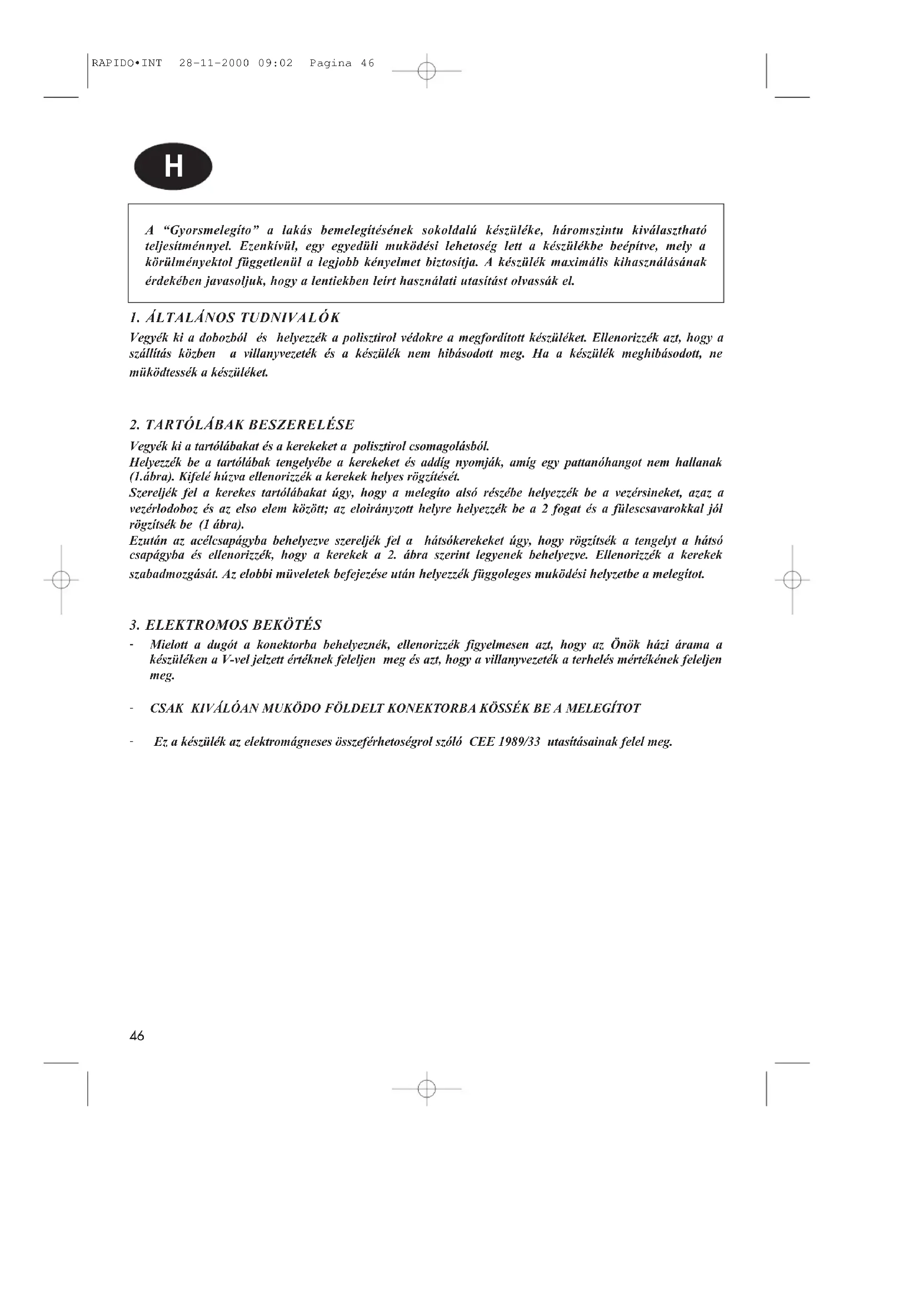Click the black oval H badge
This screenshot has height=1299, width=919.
tap(173, 167)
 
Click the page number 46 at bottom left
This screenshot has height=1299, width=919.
tap(137, 1036)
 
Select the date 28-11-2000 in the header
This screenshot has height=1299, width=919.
tap(214, 63)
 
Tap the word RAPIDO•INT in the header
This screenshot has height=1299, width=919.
tap(127, 63)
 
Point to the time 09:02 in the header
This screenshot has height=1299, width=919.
tap(276, 63)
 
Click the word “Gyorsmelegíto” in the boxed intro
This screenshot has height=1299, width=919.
tap(211, 230)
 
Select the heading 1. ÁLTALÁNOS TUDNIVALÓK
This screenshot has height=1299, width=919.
tap(235, 318)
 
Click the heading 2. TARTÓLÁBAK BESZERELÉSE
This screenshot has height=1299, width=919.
tap(242, 425)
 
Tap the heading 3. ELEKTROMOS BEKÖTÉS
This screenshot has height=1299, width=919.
tap(226, 625)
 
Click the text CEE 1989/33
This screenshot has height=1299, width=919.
tap(505, 742)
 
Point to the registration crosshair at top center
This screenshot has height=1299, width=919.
tap(427, 71)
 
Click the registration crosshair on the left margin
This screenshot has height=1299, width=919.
tap(61, 580)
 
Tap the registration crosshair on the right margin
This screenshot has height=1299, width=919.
tap(792, 580)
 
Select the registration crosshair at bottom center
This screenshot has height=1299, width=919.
tap(427, 1089)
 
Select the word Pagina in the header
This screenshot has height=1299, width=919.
tap(331, 63)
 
